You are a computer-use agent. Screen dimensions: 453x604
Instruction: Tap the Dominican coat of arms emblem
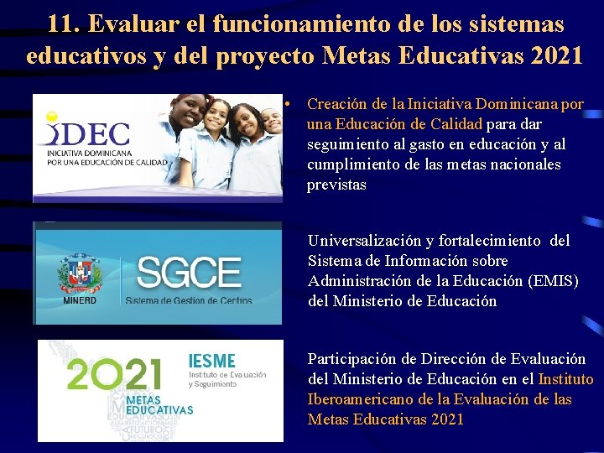(81, 273)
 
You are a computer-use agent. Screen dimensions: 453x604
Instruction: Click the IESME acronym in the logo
(213, 361)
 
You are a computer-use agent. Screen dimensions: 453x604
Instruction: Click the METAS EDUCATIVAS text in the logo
(159, 406)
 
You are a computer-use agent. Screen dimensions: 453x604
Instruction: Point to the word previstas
(337, 185)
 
